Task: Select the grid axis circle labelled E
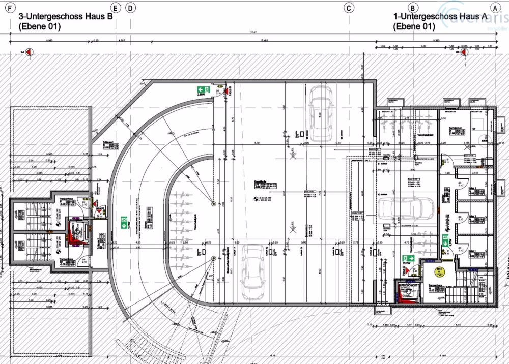116,8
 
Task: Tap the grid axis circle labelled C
349,8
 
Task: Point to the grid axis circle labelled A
494,8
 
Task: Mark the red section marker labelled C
29,51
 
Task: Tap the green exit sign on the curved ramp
123,222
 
